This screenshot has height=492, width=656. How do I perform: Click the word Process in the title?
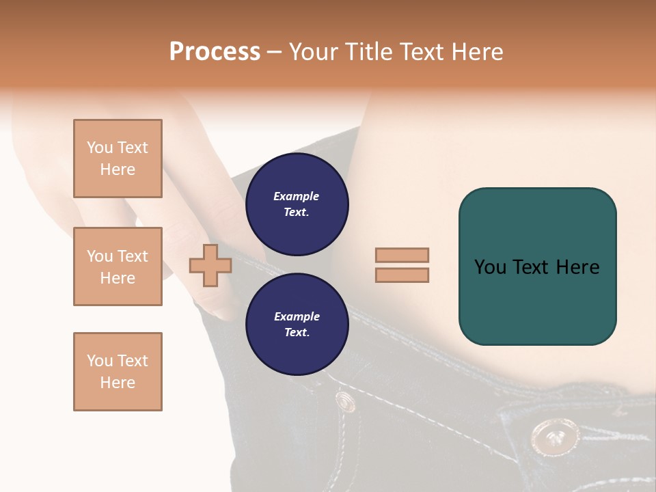[215, 52]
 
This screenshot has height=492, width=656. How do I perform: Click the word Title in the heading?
[368, 52]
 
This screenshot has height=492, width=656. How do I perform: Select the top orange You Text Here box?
[118, 159]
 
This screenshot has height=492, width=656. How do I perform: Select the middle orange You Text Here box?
[118, 266]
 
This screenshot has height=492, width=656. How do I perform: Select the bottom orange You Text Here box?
[118, 372]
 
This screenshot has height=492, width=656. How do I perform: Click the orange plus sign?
[210, 265]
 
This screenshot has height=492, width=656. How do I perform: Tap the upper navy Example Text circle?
[297, 204]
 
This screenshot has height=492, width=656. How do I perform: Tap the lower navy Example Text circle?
[297, 325]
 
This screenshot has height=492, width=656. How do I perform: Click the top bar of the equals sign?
[402, 255]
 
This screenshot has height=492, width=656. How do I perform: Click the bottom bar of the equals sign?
[402, 275]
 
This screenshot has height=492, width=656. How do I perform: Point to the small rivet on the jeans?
[345, 400]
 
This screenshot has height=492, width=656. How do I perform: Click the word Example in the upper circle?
[297, 196]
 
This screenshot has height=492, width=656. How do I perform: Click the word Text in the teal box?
[532, 267]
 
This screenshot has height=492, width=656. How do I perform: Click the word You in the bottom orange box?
[99, 361]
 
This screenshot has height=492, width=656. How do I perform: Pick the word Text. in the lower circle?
[297, 333]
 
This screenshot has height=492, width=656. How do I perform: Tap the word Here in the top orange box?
[118, 169]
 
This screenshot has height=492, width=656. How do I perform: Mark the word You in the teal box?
[490, 267]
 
